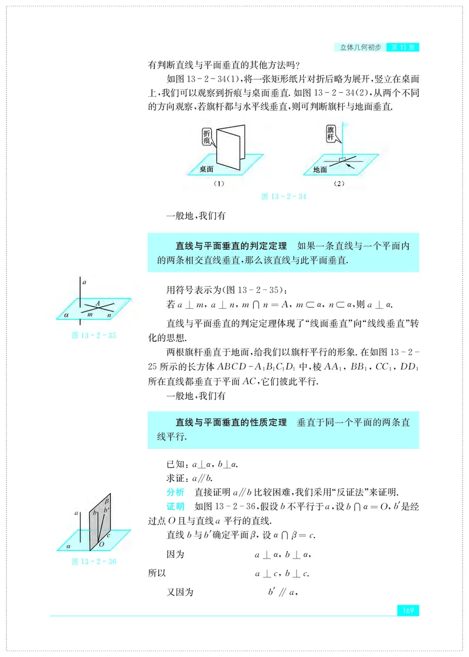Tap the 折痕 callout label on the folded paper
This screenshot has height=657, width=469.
click(x=206, y=138)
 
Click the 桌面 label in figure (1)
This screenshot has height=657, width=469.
click(x=205, y=169)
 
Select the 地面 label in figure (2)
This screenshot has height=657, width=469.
click(x=320, y=170)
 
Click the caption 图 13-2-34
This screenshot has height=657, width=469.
click(x=283, y=197)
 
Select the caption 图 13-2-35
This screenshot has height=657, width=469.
click(x=93, y=336)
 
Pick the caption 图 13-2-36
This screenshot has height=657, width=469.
click(x=93, y=561)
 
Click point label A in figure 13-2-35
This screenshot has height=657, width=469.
click(x=98, y=303)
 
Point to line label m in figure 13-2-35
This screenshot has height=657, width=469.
click(x=89, y=315)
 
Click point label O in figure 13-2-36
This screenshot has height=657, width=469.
click(x=101, y=544)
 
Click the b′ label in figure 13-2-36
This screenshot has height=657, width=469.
click(x=106, y=510)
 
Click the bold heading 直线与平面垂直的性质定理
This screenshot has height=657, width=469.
click(x=231, y=422)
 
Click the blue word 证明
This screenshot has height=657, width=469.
click(x=176, y=506)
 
